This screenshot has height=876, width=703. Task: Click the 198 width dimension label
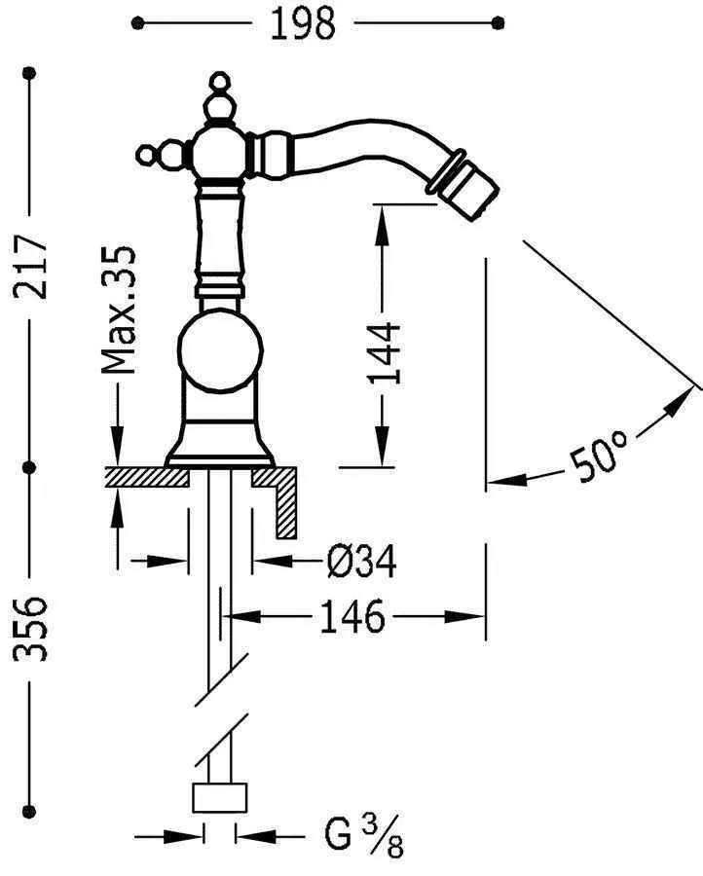pyautogui.click(x=302, y=24)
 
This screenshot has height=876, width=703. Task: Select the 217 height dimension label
pyautogui.click(x=30, y=268)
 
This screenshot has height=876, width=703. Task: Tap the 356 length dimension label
pyautogui.click(x=30, y=629)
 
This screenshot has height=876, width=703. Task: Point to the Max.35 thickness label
pyautogui.click(x=119, y=310)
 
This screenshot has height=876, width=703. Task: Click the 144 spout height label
pyautogui.click(x=384, y=353)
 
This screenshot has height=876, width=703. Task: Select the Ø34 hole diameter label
pyautogui.click(x=361, y=562)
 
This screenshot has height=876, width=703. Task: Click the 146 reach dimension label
pyautogui.click(x=352, y=616)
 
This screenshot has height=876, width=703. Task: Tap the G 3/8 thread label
pyautogui.click(x=363, y=836)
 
